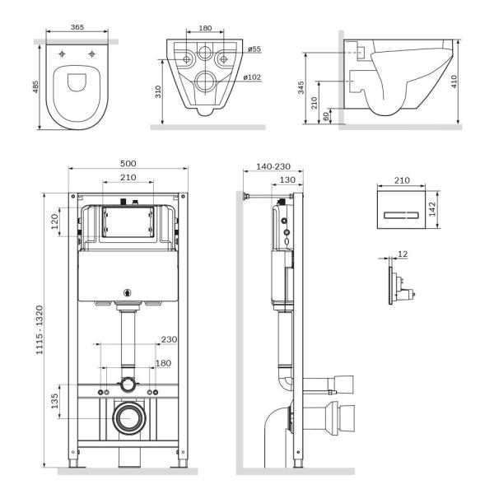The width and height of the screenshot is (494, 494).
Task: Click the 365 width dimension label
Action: click(x=77, y=27)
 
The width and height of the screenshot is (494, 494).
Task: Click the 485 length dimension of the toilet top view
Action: click(x=35, y=86)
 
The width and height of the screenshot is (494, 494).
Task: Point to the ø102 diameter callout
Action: click(x=253, y=77)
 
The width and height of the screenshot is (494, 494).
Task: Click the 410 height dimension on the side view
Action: click(x=466, y=81)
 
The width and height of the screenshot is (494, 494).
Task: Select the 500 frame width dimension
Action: click(x=128, y=163)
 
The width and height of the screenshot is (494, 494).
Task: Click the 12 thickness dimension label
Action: click(x=403, y=254)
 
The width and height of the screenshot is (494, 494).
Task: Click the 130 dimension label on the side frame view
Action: click(x=287, y=180)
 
